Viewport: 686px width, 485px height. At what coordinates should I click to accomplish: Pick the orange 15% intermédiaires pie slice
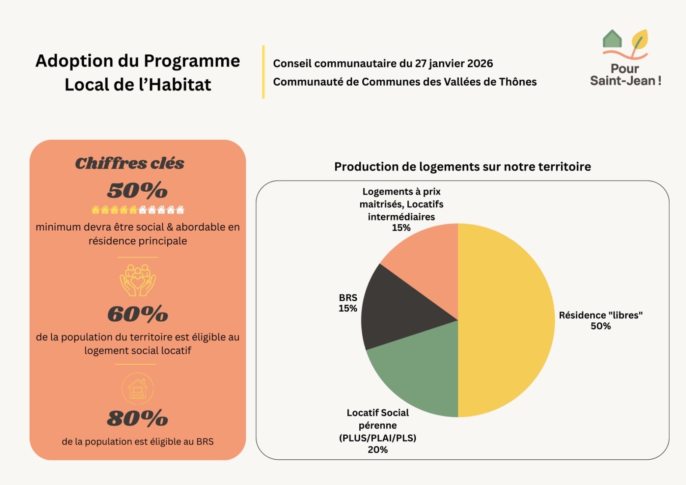[429, 257]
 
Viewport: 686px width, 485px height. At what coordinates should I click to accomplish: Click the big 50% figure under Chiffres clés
[137, 190]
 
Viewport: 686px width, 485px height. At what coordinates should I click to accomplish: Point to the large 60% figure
[137, 314]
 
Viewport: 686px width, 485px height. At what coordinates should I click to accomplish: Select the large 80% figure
[137, 419]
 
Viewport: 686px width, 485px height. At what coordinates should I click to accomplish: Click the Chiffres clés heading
[129, 163]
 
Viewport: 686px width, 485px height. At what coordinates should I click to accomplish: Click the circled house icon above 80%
[137, 389]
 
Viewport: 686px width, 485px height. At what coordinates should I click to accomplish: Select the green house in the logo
[612, 39]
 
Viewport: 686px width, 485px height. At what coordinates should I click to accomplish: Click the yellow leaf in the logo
[640, 40]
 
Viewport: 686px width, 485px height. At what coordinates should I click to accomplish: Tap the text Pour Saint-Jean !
[625, 75]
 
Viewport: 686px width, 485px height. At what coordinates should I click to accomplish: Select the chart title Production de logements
[462, 167]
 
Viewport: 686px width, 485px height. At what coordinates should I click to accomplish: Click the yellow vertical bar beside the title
[263, 72]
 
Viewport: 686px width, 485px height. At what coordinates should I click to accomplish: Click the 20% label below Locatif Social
[377, 449]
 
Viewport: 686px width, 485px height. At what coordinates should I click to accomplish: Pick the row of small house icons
[137, 210]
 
